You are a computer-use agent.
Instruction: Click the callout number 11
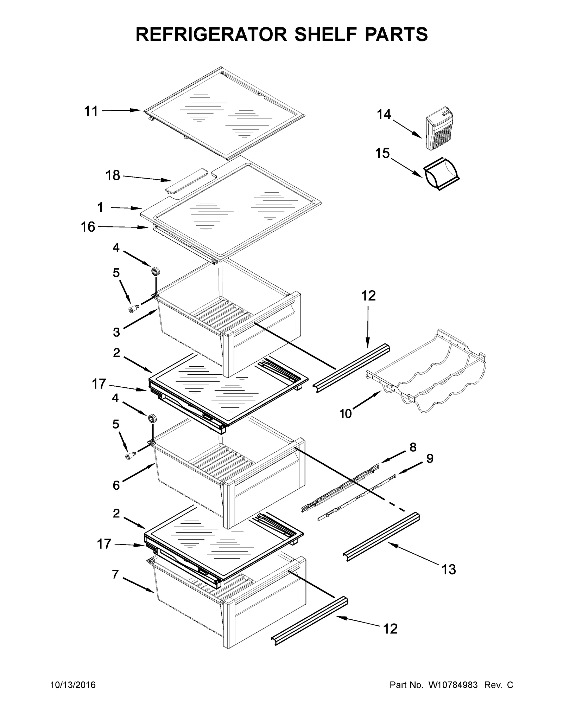point(91,111)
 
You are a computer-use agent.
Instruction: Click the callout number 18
point(113,175)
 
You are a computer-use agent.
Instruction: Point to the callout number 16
point(88,227)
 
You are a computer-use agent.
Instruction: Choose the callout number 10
point(346,414)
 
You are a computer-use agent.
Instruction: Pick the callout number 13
point(449,569)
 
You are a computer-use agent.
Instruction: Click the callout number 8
point(413,447)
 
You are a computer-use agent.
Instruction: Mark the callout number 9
point(430,458)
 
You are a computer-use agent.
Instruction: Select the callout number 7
point(115,574)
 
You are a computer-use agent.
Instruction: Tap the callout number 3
point(116,332)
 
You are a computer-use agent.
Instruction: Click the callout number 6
point(116,485)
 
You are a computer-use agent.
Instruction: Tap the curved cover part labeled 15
point(441,175)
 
